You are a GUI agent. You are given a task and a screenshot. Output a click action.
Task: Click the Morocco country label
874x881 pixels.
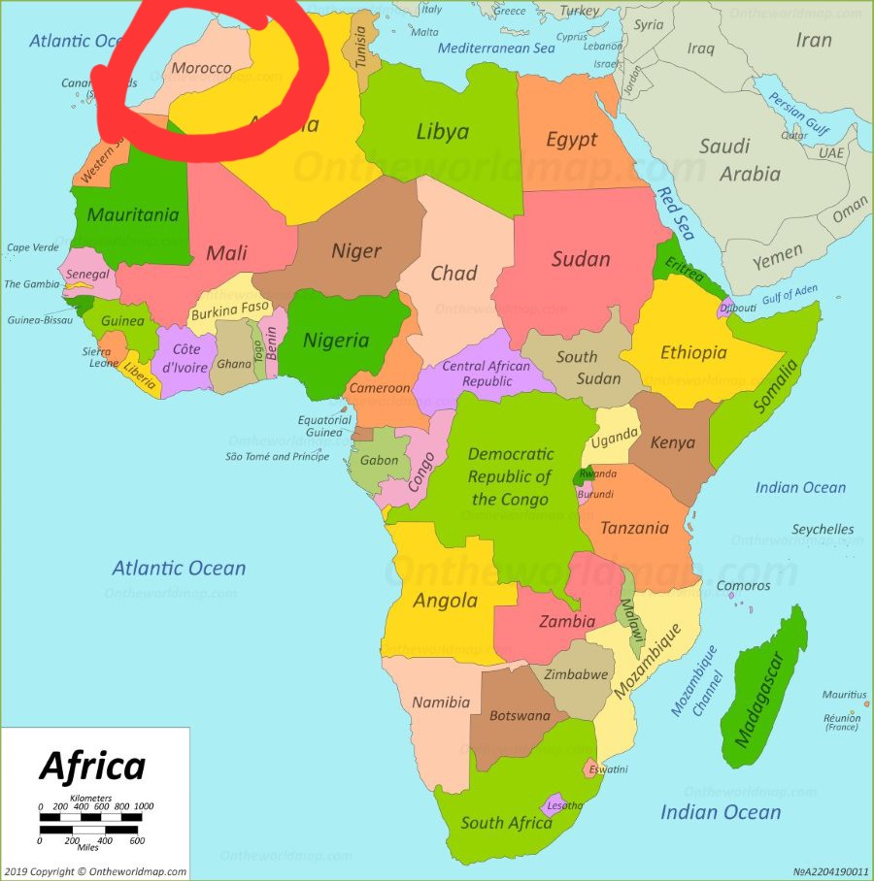(201, 69)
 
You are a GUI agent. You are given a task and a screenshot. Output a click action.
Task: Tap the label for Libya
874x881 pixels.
(442, 132)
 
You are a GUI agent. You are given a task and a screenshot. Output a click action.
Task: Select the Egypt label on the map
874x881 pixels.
(571, 140)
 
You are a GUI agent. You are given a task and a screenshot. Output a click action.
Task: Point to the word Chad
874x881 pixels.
(454, 273)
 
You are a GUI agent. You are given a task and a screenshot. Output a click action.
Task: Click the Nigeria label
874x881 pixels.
(336, 341)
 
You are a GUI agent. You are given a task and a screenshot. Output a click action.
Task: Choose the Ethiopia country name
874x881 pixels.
(693, 352)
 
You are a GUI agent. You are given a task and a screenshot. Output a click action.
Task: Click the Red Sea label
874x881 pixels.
(674, 212)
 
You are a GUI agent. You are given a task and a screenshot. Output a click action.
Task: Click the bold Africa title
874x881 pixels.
(92, 767)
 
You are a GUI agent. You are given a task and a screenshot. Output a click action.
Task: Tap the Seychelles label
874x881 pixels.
(823, 530)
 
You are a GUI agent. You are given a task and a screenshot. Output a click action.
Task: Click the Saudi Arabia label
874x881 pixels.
(738, 160)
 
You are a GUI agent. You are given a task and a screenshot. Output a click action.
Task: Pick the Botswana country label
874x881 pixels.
(520, 716)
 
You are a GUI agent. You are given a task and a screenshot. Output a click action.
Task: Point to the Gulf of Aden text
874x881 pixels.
(790, 293)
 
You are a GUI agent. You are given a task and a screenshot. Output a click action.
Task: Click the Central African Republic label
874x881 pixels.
(487, 374)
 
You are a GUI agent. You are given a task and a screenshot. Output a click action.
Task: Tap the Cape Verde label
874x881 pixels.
(32, 247)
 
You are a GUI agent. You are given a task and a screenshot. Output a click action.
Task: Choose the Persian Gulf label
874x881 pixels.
(799, 114)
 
